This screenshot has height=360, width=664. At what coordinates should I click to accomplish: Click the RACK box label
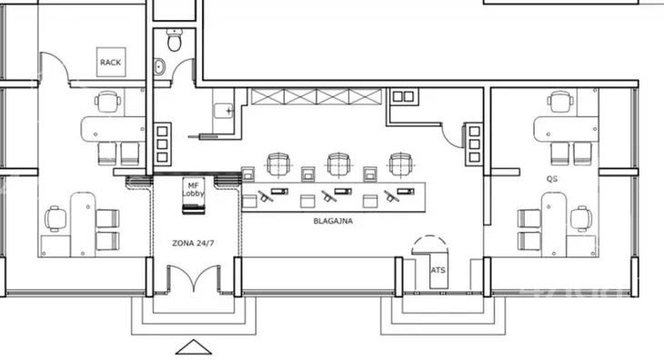[111, 63]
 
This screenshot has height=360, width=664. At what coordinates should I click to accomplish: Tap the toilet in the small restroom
[175, 40]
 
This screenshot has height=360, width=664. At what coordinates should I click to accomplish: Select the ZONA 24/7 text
[193, 244]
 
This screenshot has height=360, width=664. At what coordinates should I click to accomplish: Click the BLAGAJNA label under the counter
[333, 221]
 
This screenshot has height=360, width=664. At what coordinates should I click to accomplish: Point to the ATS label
[438, 270]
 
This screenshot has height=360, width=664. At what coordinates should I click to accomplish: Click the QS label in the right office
[552, 179]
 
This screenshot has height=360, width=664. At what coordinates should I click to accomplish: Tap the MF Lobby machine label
[193, 189]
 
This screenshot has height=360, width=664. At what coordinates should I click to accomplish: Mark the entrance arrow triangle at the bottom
[194, 347]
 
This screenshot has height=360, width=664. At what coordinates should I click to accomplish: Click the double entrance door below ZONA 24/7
[194, 278]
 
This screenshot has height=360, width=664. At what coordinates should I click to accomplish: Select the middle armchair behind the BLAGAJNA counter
[338, 165]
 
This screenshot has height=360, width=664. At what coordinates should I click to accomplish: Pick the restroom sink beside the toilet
[160, 67]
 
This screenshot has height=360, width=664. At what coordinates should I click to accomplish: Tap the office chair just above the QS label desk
[560, 103]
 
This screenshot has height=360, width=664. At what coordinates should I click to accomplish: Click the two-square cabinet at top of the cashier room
[403, 96]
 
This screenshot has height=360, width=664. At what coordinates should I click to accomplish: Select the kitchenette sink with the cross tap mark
[224, 111]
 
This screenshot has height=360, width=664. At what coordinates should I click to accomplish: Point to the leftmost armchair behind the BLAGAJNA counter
[278, 165]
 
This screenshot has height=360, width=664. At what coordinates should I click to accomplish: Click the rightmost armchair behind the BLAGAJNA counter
[400, 165]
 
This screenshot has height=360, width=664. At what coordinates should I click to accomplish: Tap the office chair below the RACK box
[107, 102]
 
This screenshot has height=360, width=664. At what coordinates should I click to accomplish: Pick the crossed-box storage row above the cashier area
[317, 96]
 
